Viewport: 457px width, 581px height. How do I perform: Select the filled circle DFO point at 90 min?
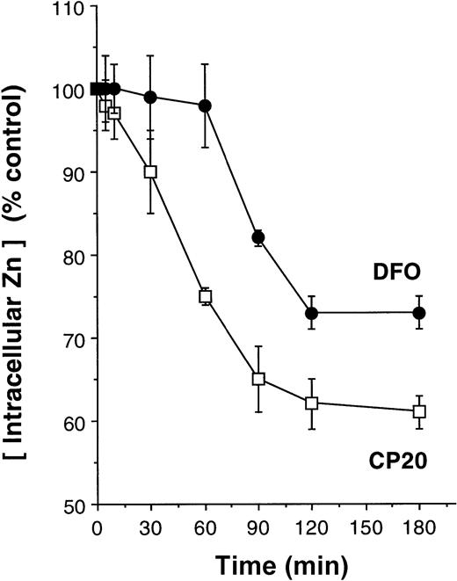(258, 237)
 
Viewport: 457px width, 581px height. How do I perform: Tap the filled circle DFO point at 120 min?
(311, 313)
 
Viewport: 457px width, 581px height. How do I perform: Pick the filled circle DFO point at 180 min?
(419, 313)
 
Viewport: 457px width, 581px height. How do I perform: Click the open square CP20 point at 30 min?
(150, 172)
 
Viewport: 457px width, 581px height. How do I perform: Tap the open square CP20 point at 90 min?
(258, 380)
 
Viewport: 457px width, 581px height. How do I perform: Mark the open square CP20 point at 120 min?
(311, 403)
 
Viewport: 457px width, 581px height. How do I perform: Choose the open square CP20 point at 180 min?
(419, 411)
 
